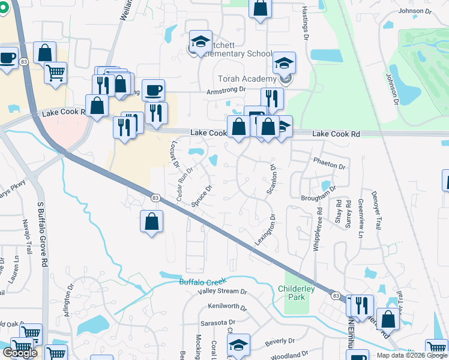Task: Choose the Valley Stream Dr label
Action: (223, 292)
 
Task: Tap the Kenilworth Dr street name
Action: (227, 307)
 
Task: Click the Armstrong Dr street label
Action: (226, 90)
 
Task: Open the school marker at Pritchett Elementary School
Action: (200, 41)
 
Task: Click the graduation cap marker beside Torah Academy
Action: (284, 64)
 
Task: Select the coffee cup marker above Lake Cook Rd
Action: (153, 90)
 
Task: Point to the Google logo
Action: (20, 353)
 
